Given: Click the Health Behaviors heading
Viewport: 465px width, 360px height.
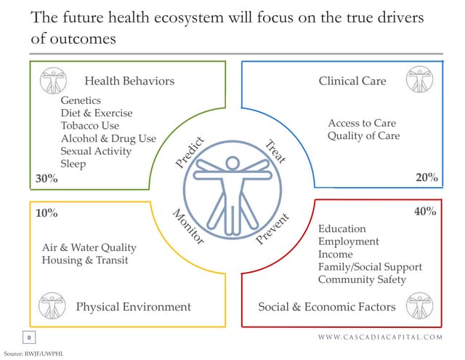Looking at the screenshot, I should click(x=129, y=81).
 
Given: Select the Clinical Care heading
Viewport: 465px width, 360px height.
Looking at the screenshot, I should click(x=352, y=81).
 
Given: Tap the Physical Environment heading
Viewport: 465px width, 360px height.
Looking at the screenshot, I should click(x=134, y=306).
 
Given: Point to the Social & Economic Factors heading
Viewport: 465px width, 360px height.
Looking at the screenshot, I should click(x=327, y=306).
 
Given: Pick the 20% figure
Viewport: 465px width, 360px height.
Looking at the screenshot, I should click(x=426, y=177).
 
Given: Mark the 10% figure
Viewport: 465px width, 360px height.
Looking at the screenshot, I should click(x=46, y=213).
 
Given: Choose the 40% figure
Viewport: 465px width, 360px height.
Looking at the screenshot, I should click(x=425, y=212).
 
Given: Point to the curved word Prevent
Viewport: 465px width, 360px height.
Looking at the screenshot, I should click(x=274, y=229).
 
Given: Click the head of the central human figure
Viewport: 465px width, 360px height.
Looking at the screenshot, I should click(x=233, y=163).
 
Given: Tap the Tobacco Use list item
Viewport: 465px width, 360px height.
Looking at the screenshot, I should click(x=90, y=126).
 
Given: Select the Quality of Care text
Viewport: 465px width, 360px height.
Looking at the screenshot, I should click(x=363, y=136).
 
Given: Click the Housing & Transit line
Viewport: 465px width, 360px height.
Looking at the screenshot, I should click(x=85, y=260).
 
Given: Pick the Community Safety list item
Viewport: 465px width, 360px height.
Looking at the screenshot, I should click(x=362, y=279).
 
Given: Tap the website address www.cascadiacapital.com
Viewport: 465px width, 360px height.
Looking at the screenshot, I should click(x=380, y=337).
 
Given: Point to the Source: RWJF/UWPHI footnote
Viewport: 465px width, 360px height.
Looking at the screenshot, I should click(x=35, y=352).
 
